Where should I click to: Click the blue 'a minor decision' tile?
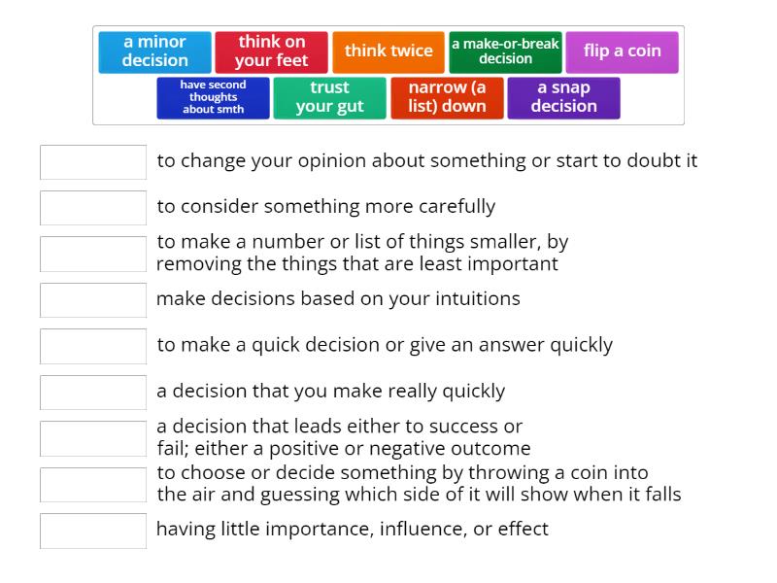coord(154,51)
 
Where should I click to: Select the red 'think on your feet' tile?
coord(272,51)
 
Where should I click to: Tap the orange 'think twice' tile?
coord(388,51)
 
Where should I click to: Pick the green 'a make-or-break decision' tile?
coord(505,51)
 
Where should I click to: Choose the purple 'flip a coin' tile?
coord(622,51)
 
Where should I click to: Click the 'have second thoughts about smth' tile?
coord(213,97)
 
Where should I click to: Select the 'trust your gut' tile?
coord(329,97)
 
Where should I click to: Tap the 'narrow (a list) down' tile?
coord(447,97)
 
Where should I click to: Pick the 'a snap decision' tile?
coord(563,97)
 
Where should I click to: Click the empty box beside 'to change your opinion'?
coord(93,162)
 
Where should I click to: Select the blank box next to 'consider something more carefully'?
coord(93,208)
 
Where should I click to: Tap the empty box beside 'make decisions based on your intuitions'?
coord(93,300)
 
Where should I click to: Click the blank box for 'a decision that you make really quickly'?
coord(93,393)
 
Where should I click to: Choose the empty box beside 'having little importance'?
coord(93,531)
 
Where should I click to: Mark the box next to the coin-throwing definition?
coord(93,485)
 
